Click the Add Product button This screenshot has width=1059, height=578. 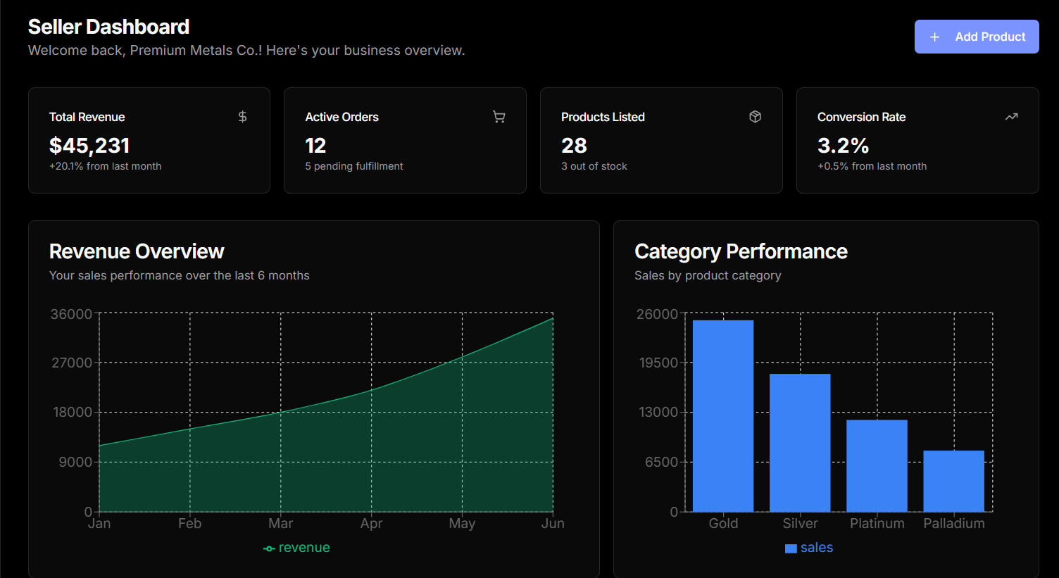(x=976, y=37)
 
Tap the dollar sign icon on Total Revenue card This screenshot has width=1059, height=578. (x=242, y=117)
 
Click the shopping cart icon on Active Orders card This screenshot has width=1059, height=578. (x=499, y=117)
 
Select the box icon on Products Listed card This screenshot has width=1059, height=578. (x=755, y=117)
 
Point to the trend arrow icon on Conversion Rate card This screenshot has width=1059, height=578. (x=1011, y=117)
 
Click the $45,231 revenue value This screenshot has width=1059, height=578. (x=89, y=146)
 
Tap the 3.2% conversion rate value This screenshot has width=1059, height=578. (x=843, y=146)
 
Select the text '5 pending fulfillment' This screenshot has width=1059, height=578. (x=354, y=166)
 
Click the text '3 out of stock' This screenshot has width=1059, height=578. (x=594, y=166)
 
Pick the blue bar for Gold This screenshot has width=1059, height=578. (x=723, y=415)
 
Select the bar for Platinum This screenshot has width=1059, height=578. (x=877, y=465)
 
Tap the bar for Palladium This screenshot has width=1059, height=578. (x=953, y=481)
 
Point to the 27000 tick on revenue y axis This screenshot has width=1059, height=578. (x=72, y=363)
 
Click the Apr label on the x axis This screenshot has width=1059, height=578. (x=371, y=523)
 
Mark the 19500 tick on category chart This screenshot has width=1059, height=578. (x=658, y=363)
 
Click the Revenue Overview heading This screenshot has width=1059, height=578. (x=137, y=251)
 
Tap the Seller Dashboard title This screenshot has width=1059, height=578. (x=108, y=27)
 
